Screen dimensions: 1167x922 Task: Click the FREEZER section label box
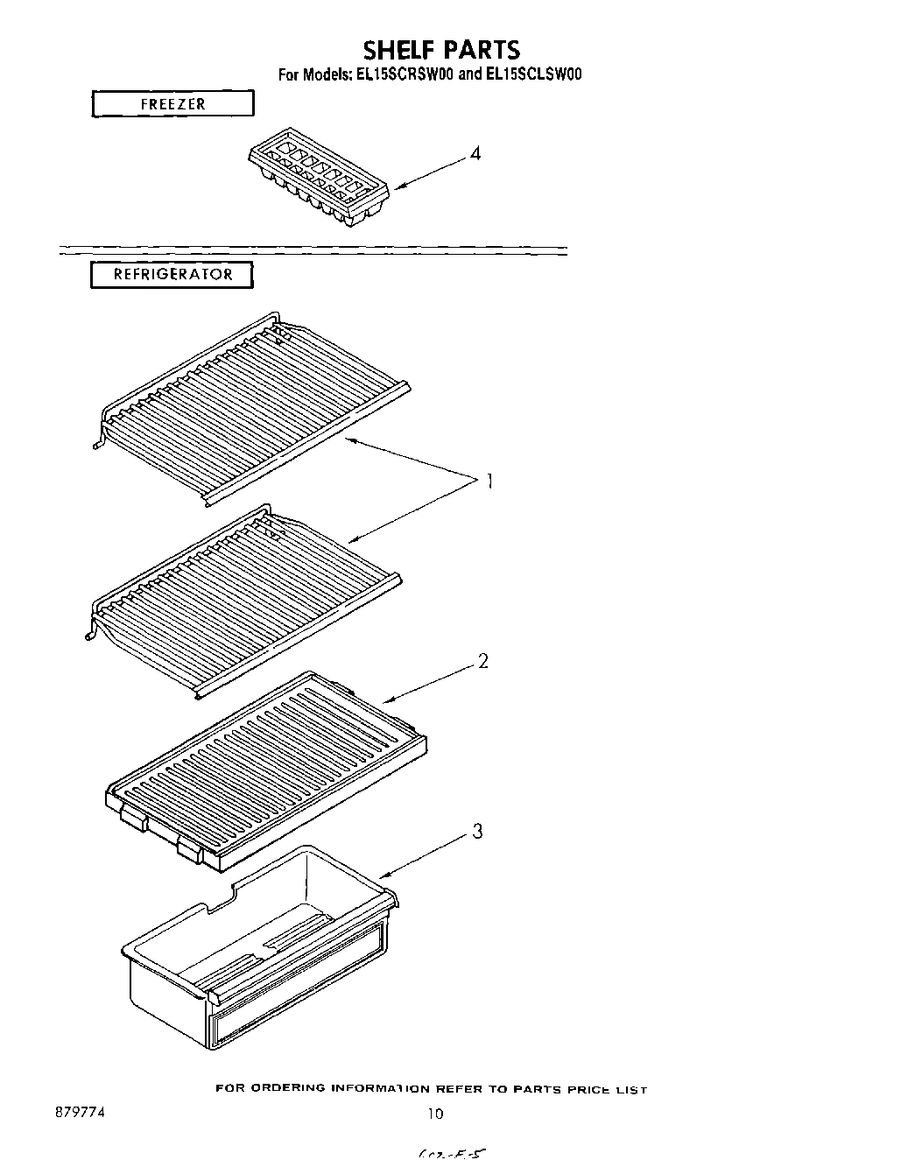(x=172, y=104)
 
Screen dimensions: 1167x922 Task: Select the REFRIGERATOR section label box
(x=172, y=275)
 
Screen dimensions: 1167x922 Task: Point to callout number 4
(x=475, y=154)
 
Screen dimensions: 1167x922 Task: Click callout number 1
(x=489, y=481)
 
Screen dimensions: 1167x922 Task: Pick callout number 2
(x=482, y=662)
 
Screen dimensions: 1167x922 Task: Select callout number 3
(x=477, y=832)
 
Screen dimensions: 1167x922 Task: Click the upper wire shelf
(x=254, y=402)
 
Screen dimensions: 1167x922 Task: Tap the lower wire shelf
(x=245, y=595)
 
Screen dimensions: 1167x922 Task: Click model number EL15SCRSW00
(x=405, y=75)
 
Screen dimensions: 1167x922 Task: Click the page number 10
(x=435, y=1114)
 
